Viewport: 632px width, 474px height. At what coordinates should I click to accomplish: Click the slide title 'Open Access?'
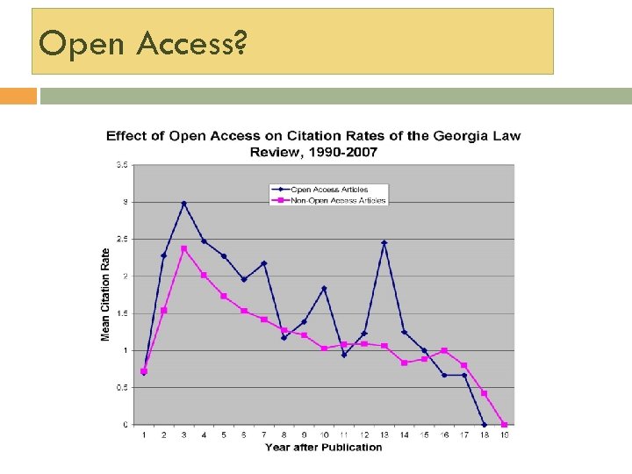142,42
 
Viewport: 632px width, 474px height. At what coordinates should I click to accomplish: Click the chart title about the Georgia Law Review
313,144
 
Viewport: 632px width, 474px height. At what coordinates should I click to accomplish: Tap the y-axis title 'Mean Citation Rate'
106,295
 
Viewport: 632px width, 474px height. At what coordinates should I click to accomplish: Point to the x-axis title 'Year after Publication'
324,448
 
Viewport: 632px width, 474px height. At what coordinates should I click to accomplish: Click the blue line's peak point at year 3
183,204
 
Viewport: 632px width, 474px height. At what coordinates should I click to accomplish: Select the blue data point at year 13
384,242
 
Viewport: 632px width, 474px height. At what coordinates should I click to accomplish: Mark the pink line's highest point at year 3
183,248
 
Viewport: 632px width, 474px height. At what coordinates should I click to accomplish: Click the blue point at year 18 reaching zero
485,425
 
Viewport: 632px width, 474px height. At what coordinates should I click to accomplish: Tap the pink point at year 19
505,425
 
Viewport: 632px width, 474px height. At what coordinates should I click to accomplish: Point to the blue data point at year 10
324,288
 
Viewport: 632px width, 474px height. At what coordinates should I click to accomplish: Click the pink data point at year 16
444,350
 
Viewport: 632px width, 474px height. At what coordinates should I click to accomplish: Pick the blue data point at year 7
264,263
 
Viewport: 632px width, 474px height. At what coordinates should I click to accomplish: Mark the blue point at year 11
344,355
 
